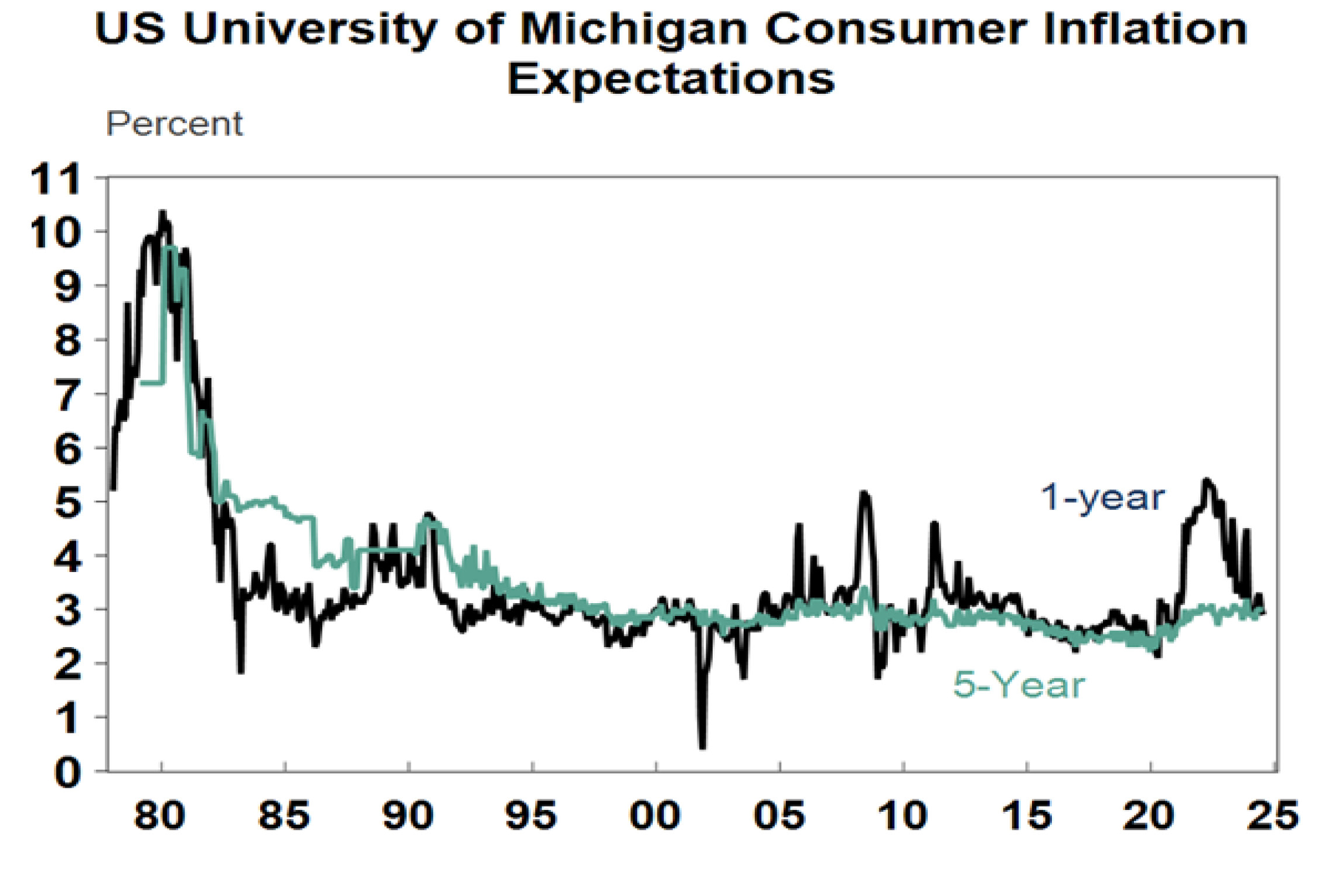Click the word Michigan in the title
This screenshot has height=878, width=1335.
pyautogui.click(x=634, y=29)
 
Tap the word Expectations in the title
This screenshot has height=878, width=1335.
pyautogui.click(x=671, y=79)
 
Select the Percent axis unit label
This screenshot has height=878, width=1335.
pyautogui.click(x=174, y=124)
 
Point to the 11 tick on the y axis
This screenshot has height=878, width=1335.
pyautogui.click(x=56, y=179)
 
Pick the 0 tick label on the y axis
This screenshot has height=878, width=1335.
pyautogui.click(x=67, y=772)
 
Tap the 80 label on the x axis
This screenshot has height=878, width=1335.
pyautogui.click(x=159, y=815)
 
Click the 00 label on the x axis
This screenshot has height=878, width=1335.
pyautogui.click(x=655, y=815)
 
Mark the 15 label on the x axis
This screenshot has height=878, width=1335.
pyautogui.click(x=1027, y=815)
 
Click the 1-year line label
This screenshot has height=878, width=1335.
pyautogui.click(x=1102, y=498)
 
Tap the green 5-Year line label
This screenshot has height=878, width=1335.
pyautogui.click(x=1019, y=684)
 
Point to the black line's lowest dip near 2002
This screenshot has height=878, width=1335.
pyautogui.click(x=702, y=746)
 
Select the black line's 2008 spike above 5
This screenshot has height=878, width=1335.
pyautogui.click(x=864, y=494)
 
